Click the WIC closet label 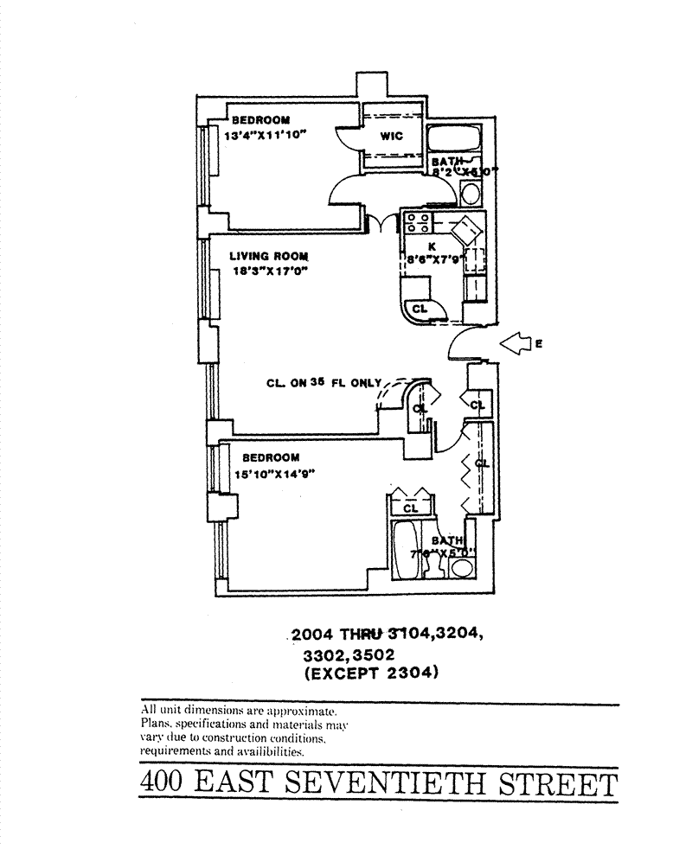pyautogui.click(x=391, y=136)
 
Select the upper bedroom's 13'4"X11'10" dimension pyautogui.click(x=266, y=135)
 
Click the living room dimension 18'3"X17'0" pyautogui.click(x=269, y=271)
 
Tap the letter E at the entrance pyautogui.click(x=539, y=344)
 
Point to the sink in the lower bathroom pyautogui.click(x=463, y=568)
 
